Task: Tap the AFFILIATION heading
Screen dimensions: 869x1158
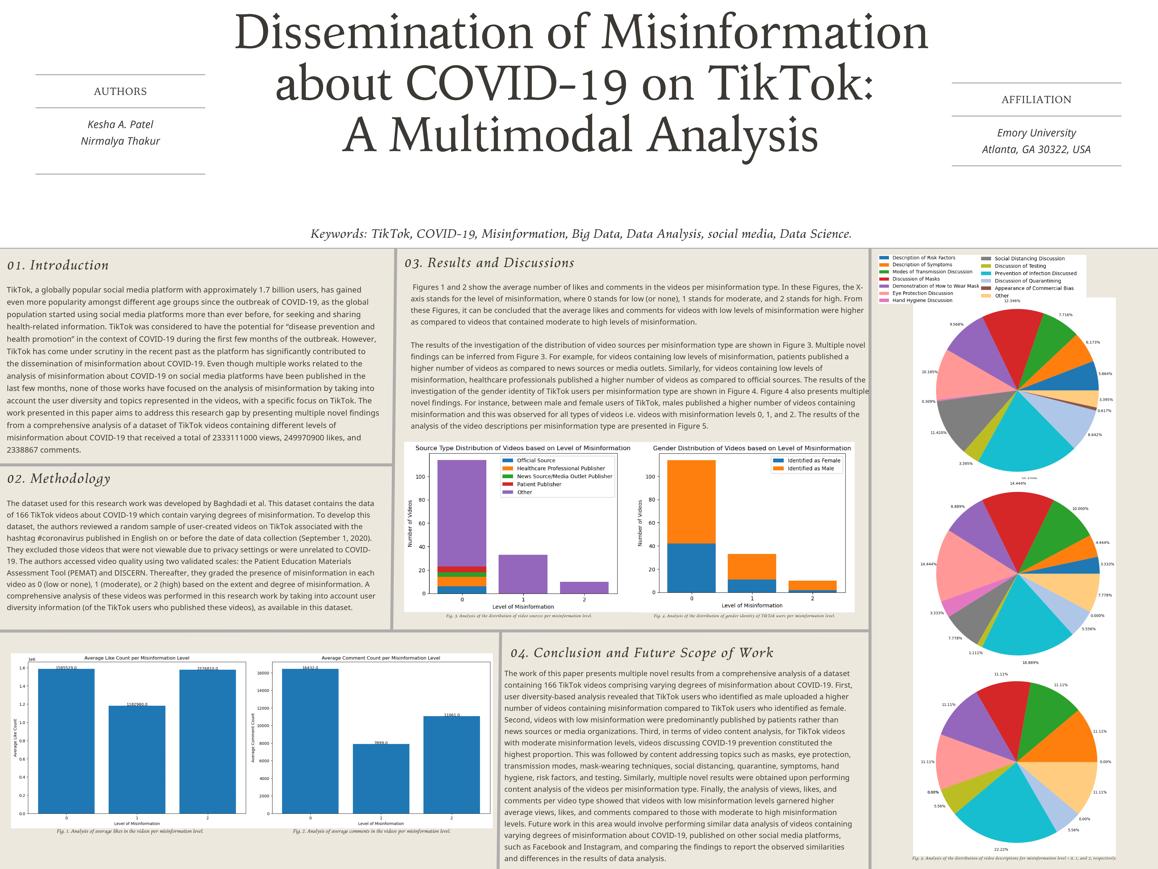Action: pos(1036,100)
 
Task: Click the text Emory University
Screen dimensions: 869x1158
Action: pos(1036,133)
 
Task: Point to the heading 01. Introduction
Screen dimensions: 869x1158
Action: pos(58,266)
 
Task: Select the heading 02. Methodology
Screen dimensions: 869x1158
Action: pos(59,479)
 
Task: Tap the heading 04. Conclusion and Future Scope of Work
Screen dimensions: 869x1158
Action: pos(641,653)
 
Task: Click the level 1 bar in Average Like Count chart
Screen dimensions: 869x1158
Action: pos(137,760)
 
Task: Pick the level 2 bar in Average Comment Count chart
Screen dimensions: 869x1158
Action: pos(451,765)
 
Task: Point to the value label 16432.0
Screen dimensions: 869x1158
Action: pos(310,668)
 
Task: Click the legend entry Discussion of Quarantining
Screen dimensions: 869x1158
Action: pos(1028,281)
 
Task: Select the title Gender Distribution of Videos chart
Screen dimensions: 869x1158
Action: pos(752,448)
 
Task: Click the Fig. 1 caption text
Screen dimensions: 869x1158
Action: pos(130,831)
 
